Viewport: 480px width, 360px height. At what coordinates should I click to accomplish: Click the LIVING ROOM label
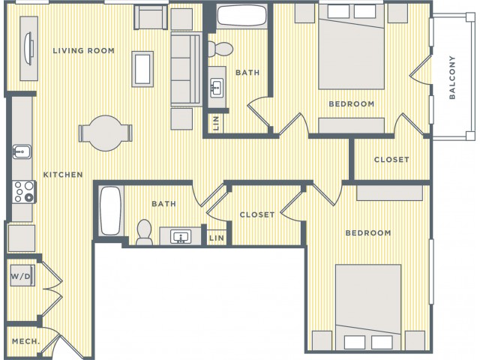[x=83, y=50]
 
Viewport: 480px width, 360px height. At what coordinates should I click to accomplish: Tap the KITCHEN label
[x=63, y=175]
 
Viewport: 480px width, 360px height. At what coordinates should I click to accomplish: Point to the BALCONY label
[x=452, y=77]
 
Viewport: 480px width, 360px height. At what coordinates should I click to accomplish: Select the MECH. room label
[x=25, y=341]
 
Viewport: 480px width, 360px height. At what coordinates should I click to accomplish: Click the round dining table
[x=106, y=133]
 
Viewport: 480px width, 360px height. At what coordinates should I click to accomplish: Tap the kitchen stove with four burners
[x=24, y=192]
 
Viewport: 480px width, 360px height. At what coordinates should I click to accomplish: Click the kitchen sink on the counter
[x=22, y=151]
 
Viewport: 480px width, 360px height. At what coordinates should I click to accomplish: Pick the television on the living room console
[x=28, y=48]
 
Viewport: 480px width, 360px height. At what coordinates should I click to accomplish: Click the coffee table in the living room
[x=142, y=69]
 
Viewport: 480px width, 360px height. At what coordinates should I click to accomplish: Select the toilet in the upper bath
[x=220, y=49]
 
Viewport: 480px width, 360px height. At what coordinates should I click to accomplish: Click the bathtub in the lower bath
[x=110, y=211]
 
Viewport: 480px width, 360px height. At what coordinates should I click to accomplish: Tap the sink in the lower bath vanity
[x=181, y=237]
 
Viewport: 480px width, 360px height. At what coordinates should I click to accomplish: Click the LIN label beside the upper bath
[x=216, y=123]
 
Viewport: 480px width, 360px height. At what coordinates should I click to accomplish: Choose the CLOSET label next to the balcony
[x=391, y=160]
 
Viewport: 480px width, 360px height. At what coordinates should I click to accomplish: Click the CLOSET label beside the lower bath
[x=257, y=215]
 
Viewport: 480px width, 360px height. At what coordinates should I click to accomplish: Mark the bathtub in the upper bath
[x=241, y=15]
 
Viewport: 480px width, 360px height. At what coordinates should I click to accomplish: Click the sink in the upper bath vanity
[x=217, y=88]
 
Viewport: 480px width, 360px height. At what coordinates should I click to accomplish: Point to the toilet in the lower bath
[x=144, y=232]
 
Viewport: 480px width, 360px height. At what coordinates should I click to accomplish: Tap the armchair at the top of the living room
[x=151, y=17]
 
